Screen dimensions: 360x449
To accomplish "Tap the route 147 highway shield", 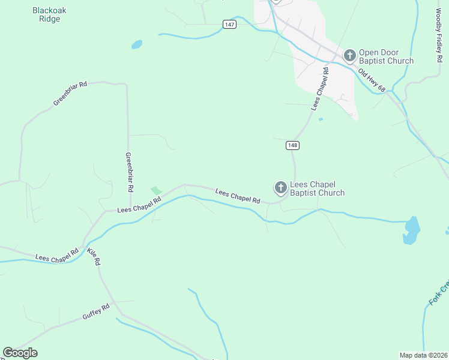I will (229, 24).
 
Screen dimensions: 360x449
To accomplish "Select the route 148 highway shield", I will (292, 145).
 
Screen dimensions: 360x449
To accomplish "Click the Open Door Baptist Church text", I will (386, 56).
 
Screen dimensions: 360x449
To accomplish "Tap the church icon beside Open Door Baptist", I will (349, 56).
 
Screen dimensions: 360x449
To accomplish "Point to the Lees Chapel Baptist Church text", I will (317, 188).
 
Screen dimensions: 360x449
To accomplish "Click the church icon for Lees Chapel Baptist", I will (280, 188).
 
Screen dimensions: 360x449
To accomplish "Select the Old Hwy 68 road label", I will (372, 80).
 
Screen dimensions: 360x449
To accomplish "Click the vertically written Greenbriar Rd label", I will (128, 172).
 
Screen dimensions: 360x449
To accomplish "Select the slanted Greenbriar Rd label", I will (70, 94).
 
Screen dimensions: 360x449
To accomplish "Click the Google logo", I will (20, 353).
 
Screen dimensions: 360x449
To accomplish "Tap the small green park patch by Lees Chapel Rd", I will (156, 191).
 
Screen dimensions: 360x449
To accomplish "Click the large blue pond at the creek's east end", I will (411, 229).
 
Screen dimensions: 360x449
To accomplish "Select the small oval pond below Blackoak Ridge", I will (137, 44).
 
